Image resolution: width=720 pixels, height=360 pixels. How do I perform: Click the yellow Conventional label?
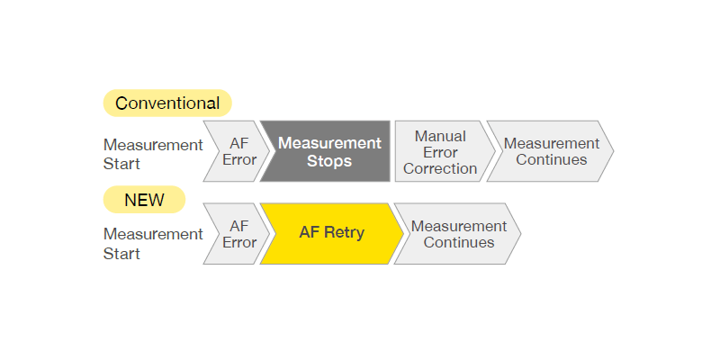(x=167, y=103)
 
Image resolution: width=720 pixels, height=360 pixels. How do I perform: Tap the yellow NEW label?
(x=144, y=200)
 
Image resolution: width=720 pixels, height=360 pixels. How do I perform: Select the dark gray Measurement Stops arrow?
(x=328, y=152)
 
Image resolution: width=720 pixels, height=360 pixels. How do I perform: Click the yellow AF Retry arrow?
(x=331, y=233)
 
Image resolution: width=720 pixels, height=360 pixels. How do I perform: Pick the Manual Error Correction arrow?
(x=440, y=152)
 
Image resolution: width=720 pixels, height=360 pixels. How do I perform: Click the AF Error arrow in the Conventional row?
(x=238, y=152)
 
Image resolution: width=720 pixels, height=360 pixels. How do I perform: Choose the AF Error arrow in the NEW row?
(x=238, y=233)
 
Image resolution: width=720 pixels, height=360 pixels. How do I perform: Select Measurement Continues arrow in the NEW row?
(x=458, y=233)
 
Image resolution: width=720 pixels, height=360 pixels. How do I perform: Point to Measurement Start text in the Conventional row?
(x=153, y=154)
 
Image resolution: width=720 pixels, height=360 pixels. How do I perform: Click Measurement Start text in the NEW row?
(x=153, y=244)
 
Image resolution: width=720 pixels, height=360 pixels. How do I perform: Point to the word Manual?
(x=440, y=136)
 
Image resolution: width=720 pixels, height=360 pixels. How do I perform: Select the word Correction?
(x=440, y=169)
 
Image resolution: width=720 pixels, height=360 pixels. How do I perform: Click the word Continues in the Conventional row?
(x=551, y=160)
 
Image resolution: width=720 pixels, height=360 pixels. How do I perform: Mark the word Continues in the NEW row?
(x=459, y=242)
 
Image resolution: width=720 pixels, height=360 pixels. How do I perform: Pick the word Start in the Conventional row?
(x=122, y=165)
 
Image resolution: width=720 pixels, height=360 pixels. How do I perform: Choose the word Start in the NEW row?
(x=122, y=254)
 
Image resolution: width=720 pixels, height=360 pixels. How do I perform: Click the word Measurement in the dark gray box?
(x=329, y=143)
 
